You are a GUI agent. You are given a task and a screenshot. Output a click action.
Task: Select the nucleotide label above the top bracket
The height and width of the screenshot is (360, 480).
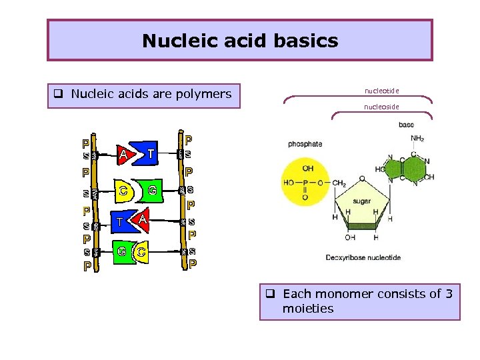coord(382,89)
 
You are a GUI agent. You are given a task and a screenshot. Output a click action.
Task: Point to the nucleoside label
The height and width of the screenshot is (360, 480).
coord(382,106)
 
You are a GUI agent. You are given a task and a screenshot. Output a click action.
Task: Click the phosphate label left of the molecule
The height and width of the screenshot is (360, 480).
coord(305,143)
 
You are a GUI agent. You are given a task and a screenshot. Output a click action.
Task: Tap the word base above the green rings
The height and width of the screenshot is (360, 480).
coord(406,125)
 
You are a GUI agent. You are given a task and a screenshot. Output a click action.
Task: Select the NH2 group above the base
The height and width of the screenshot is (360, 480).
coord(417,139)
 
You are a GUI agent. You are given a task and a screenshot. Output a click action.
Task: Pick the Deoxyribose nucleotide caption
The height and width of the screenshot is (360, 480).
coord(363,257)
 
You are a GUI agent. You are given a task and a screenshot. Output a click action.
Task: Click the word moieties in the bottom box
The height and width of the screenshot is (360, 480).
coord(308,309)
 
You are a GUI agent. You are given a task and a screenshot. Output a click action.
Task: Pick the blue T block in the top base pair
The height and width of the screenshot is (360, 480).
coord(150,154)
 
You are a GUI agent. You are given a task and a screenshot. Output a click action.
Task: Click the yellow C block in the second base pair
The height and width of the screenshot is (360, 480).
coord(125,191)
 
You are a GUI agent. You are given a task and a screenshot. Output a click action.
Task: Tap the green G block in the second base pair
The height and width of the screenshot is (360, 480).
coord(152,191)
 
